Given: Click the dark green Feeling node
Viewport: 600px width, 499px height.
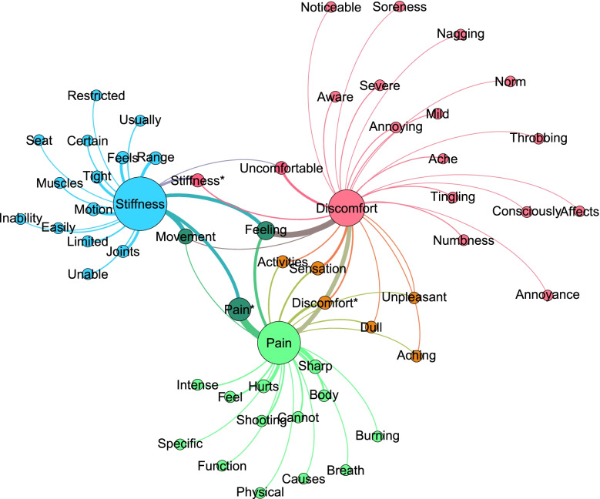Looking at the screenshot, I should pyautogui.click(x=266, y=229).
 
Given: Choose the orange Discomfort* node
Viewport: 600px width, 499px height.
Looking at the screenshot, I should pyautogui.click(x=325, y=303).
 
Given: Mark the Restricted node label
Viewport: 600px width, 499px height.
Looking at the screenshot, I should pyautogui.click(x=96, y=96).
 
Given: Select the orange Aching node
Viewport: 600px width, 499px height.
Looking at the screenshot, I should pyautogui.click(x=417, y=356).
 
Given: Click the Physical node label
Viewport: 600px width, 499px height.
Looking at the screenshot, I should pyautogui.click(x=260, y=491).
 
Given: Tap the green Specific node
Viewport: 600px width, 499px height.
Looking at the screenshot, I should pyautogui.click(x=180, y=444).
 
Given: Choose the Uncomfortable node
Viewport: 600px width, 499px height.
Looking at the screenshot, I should pyautogui.click(x=282, y=167).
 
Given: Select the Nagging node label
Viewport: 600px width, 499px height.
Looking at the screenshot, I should pyautogui.click(x=460, y=34).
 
